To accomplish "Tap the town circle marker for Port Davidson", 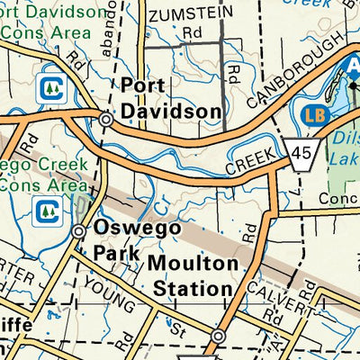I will (106, 119).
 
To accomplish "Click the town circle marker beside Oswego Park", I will (80, 231).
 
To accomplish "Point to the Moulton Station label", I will (193, 276).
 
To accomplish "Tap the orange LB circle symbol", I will (315, 116).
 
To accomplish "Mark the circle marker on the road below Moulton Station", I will (218, 337).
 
